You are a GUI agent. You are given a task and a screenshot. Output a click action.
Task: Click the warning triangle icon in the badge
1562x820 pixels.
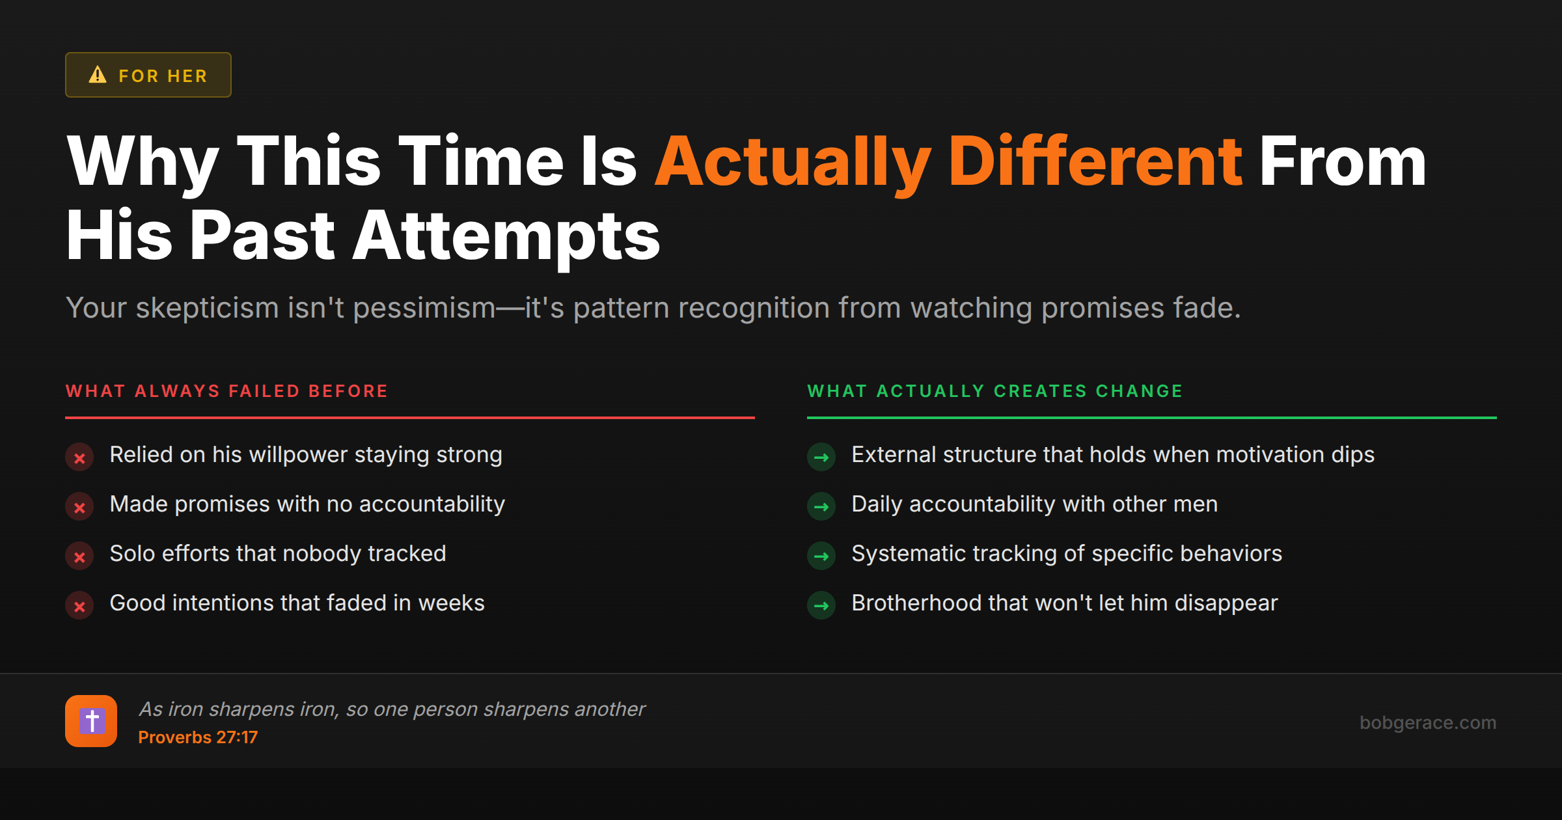[x=98, y=75]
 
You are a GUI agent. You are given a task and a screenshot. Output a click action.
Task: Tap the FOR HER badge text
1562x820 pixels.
[x=163, y=76]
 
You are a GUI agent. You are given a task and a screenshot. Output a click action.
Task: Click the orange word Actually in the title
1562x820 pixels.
[x=793, y=163]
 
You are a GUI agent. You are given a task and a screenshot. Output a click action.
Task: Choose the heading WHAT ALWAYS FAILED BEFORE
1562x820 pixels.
[x=226, y=391]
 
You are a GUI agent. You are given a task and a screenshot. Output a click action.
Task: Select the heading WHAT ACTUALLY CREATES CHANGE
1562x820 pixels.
[x=994, y=391]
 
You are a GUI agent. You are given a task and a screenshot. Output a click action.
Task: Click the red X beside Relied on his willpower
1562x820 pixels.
[x=79, y=458]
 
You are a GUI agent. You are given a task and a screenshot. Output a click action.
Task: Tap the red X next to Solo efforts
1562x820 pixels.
[x=79, y=556]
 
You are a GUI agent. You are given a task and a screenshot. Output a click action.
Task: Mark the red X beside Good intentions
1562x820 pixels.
[x=79, y=606]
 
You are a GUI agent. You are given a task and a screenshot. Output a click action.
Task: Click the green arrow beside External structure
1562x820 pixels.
[x=821, y=458]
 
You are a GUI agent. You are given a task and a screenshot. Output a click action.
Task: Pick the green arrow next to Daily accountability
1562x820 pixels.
[x=821, y=507]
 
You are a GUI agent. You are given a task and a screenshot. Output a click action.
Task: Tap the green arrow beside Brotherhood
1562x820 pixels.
[x=821, y=606]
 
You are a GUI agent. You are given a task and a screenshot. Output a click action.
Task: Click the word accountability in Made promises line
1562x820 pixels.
[x=432, y=505]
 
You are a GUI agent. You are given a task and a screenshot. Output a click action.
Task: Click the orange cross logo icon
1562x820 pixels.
[x=91, y=721]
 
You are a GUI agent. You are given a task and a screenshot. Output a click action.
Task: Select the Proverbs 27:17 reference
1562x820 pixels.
[x=198, y=737]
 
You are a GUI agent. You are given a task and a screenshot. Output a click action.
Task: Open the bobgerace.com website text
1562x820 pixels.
[x=1428, y=723]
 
